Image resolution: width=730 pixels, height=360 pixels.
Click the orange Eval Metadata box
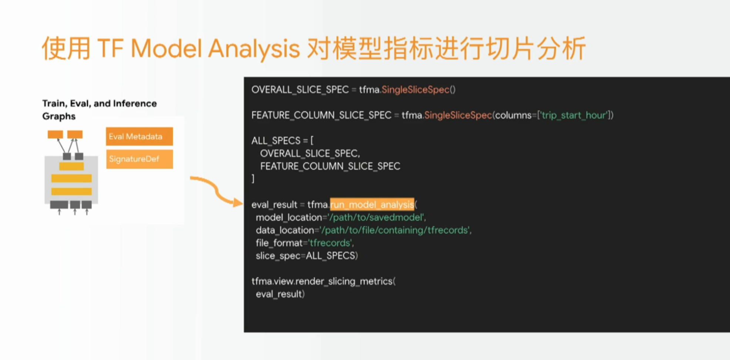[x=139, y=136]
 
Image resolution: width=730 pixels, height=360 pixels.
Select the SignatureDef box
[x=139, y=159]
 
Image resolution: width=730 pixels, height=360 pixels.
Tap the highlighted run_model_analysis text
[x=372, y=205]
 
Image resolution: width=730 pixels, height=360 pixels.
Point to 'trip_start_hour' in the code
[x=574, y=116]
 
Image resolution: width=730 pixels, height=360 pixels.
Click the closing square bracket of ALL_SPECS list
[x=253, y=179]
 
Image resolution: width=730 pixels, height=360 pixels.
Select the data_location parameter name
[x=285, y=230]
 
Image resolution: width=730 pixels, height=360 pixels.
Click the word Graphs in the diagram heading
[x=59, y=117]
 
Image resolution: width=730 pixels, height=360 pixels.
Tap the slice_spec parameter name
[x=278, y=256]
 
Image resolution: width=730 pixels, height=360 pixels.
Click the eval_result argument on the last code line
[x=279, y=294]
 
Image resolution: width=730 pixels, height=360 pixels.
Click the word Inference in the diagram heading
[x=135, y=103]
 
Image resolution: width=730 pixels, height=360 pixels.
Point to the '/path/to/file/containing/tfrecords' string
[x=395, y=230]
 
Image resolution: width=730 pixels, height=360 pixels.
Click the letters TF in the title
[x=110, y=49]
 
